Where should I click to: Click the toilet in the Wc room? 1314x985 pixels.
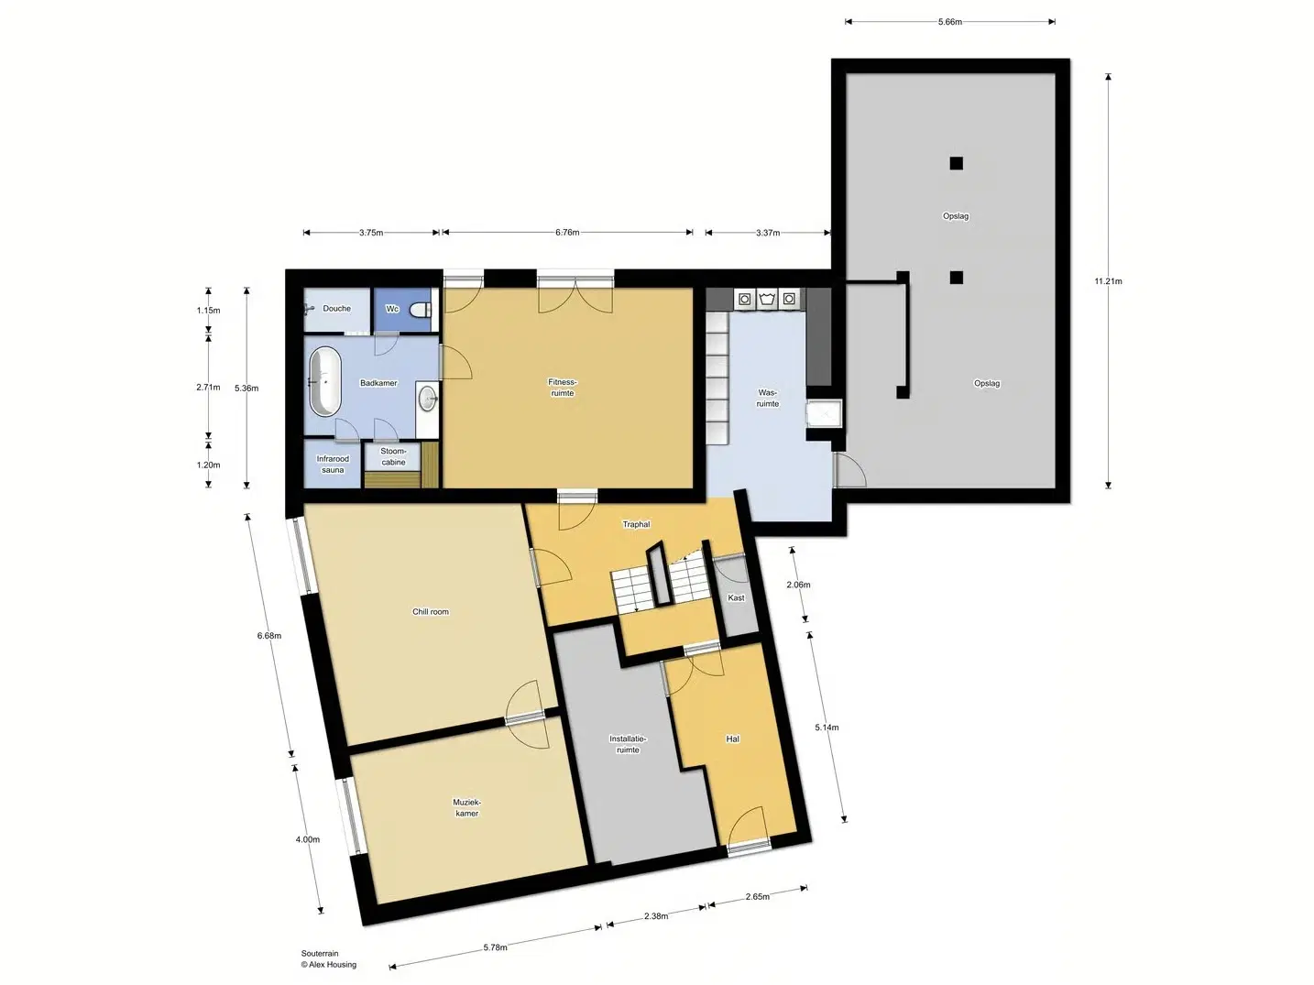click(422, 310)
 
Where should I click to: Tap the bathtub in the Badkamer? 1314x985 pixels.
click(325, 381)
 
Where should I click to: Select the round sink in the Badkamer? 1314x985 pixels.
click(427, 398)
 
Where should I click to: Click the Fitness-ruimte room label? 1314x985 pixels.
click(562, 388)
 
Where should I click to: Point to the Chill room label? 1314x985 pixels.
click(431, 611)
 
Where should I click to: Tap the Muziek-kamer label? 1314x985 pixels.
click(467, 807)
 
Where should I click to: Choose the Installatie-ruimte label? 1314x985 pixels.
click(628, 744)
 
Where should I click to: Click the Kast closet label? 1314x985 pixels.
click(737, 597)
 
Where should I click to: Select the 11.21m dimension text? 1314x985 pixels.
click(1108, 280)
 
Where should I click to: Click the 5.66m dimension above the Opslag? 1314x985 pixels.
click(950, 22)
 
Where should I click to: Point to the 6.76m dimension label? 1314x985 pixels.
click(567, 232)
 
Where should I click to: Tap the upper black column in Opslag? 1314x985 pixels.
click(956, 163)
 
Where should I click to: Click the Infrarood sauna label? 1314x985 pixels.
click(333, 465)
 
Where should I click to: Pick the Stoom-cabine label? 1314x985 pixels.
click(393, 456)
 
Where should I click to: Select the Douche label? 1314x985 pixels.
click(336, 308)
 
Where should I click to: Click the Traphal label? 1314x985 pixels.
click(636, 524)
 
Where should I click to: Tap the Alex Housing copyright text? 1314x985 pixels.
click(329, 965)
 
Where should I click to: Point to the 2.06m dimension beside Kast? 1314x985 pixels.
click(799, 585)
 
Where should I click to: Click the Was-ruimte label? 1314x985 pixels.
click(768, 398)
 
